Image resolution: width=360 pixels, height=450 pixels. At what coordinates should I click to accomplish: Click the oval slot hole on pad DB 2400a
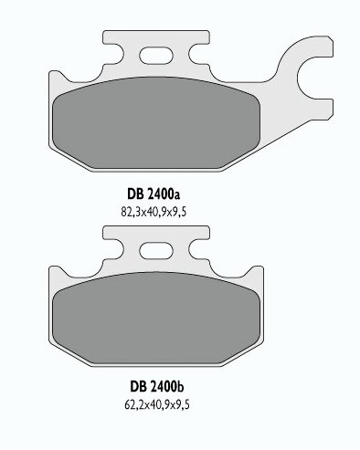(x=156, y=56)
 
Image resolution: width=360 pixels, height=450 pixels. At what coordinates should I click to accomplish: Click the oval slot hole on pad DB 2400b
(x=156, y=251)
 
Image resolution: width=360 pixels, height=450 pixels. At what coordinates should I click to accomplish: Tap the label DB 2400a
(x=154, y=194)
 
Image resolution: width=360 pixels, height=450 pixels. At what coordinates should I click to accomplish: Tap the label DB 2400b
(x=157, y=387)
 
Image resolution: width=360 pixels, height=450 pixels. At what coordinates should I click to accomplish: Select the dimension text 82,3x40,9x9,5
(x=154, y=212)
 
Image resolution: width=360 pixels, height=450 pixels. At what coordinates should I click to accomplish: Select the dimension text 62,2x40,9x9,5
(x=157, y=404)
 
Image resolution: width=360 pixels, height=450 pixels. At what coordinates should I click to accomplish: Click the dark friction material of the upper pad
(x=156, y=123)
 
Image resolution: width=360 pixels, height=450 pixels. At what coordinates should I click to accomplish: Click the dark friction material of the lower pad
(x=156, y=318)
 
